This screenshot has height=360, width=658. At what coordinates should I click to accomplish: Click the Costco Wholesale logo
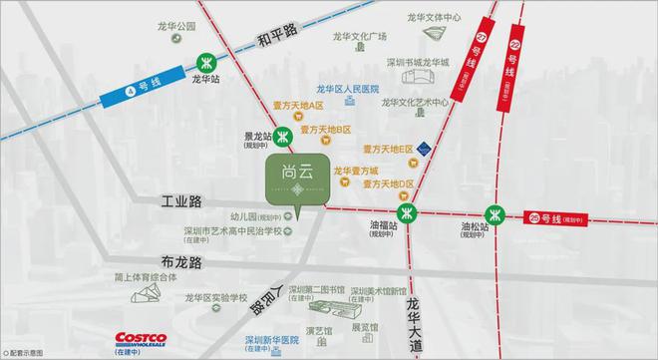(141, 339)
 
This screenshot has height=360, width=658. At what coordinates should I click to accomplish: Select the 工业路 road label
(180, 201)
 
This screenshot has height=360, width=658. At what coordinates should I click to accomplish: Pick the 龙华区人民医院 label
(349, 88)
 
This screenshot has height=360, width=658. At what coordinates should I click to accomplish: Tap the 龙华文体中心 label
(435, 18)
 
